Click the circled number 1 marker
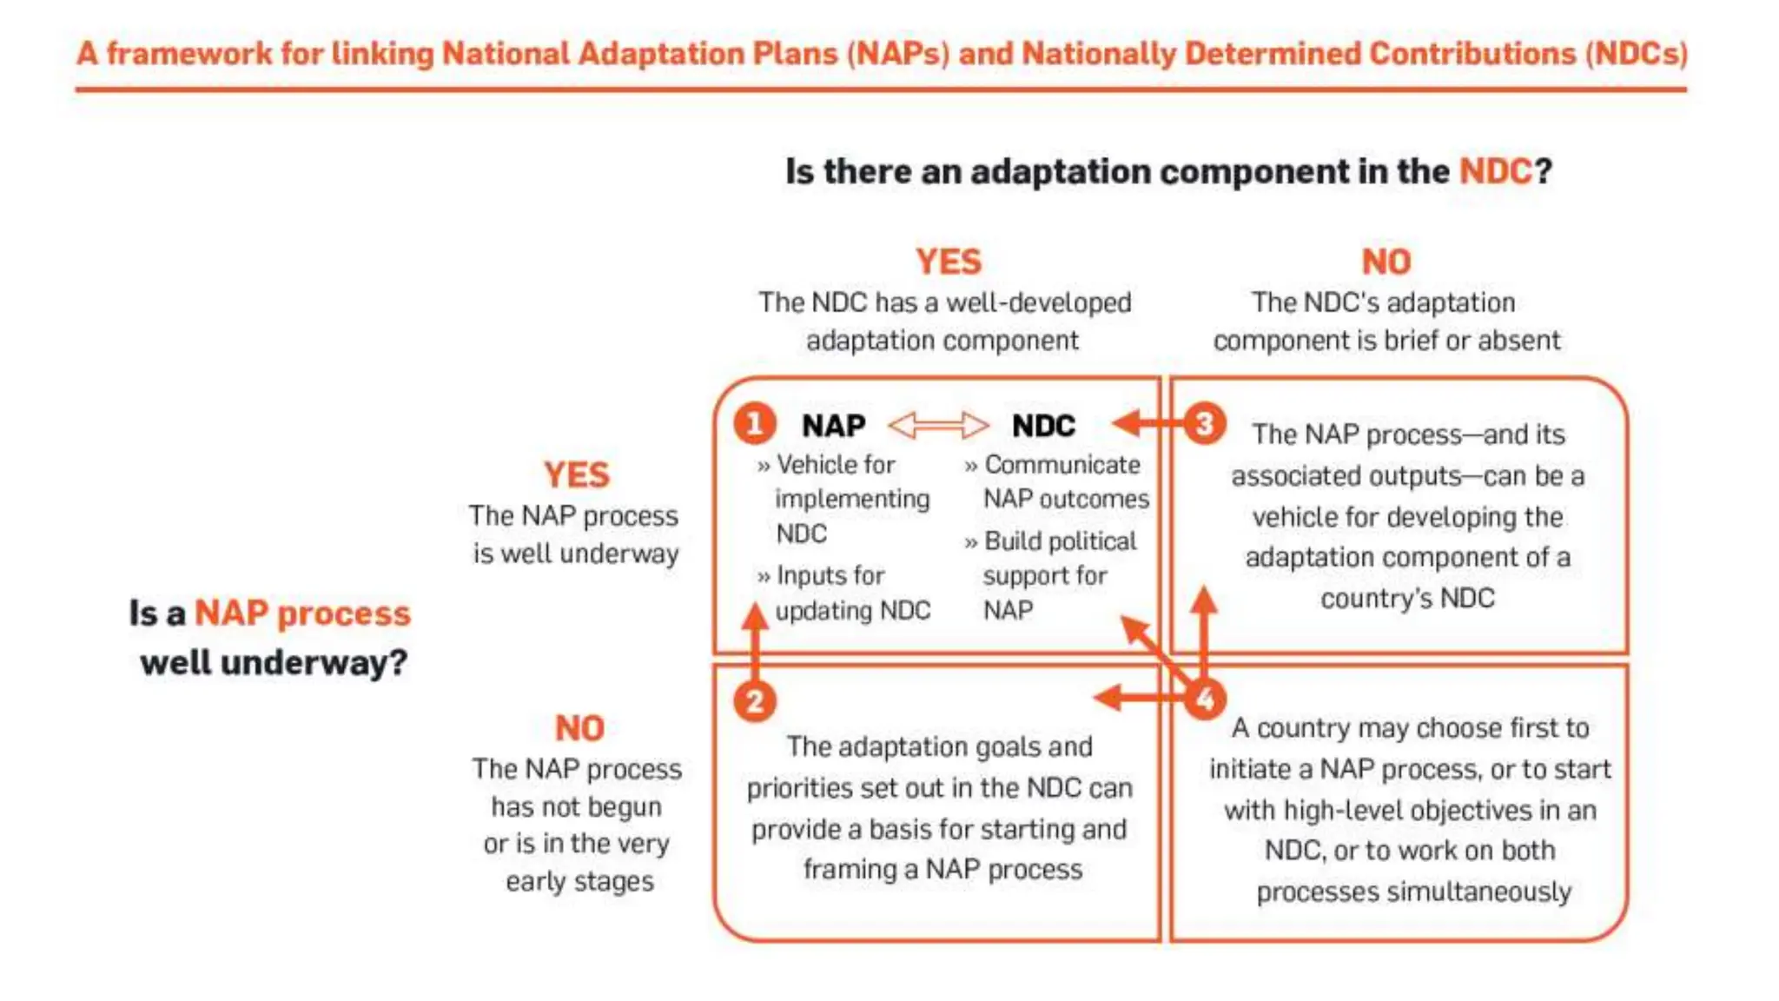coord(754,424)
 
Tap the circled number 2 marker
coord(754,700)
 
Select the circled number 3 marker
coord(1205,424)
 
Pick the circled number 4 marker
coord(1205,699)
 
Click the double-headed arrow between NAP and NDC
coord(938,425)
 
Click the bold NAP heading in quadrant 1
coord(833,426)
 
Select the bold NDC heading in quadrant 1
coord(1043,426)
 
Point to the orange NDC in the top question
coord(1495,171)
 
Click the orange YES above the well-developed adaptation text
coord(948,262)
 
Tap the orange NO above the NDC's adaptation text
coord(1386,262)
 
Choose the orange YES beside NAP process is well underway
coord(576,475)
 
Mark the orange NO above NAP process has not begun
coord(579,728)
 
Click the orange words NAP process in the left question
coord(301,613)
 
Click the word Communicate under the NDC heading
coord(1061,465)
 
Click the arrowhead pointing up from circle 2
coord(754,614)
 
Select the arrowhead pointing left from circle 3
coord(1127,423)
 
